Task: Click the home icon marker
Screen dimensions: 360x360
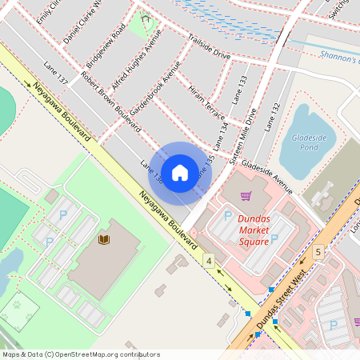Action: (180, 172)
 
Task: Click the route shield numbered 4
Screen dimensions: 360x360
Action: (208, 261)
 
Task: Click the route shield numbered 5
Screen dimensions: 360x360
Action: (318, 252)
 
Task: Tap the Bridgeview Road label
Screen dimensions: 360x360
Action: (106, 50)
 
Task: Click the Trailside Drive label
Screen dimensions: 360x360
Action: (209, 47)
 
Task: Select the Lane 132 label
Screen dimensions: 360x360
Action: (273, 117)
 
